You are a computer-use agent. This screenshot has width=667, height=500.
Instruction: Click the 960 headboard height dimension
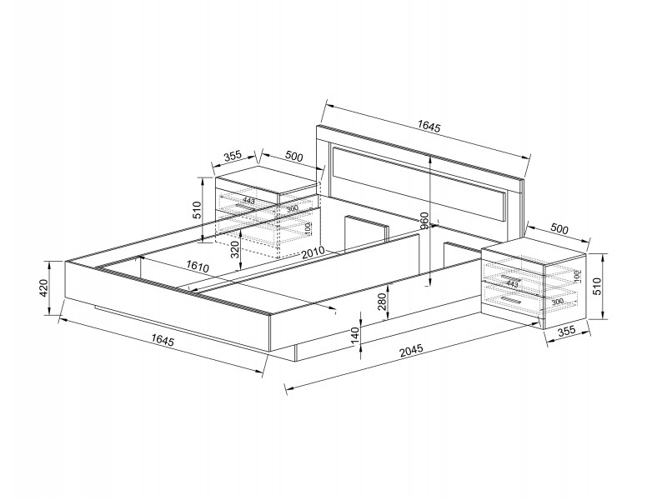click(424, 220)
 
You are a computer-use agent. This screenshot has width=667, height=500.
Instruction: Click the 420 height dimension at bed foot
click(43, 288)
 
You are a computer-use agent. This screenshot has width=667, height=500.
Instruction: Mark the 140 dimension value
click(354, 336)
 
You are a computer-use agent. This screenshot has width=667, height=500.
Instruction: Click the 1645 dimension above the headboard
click(429, 127)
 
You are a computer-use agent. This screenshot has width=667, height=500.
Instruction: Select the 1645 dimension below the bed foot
click(163, 339)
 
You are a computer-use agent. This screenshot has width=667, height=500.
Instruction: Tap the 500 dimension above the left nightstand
click(293, 156)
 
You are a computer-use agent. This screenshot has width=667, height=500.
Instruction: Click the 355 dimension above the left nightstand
click(233, 155)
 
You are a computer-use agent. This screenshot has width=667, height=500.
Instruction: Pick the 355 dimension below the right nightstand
click(567, 332)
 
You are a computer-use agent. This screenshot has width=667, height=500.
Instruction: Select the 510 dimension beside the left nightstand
click(198, 209)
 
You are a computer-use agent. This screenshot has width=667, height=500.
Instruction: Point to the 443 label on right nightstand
click(513, 284)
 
